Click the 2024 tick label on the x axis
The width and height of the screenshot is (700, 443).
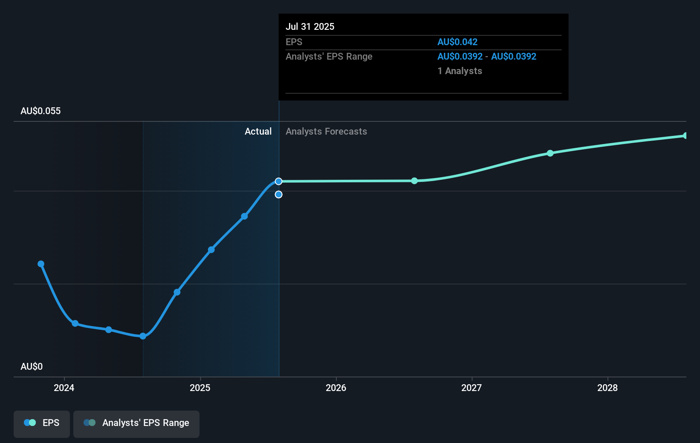click(x=64, y=388)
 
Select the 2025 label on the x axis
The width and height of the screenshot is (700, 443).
click(x=200, y=388)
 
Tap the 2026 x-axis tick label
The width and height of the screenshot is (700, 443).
click(x=336, y=388)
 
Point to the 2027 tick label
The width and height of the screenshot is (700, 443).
click(x=471, y=388)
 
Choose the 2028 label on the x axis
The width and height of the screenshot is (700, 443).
click(x=607, y=388)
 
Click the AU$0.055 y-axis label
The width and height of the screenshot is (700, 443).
click(x=40, y=111)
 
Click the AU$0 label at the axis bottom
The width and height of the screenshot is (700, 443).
click(x=32, y=367)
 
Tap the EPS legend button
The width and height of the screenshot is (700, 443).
click(x=42, y=423)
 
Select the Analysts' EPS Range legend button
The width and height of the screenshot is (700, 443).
click(x=136, y=423)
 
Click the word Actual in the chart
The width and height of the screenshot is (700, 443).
click(x=258, y=132)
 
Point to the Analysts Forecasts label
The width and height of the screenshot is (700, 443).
click(x=326, y=132)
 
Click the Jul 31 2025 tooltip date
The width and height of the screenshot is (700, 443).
click(x=310, y=27)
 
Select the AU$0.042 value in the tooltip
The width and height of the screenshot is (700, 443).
click(x=457, y=42)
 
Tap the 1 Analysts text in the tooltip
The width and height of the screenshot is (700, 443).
click(x=460, y=71)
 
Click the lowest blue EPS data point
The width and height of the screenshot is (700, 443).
click(x=143, y=336)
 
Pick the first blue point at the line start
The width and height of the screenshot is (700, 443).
click(x=41, y=264)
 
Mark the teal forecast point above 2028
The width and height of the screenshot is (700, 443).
click(x=686, y=136)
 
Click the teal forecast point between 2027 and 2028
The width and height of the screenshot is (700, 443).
click(x=550, y=153)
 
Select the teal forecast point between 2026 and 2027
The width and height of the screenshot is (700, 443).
click(x=414, y=181)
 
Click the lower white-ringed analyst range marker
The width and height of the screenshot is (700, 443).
click(x=278, y=195)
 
